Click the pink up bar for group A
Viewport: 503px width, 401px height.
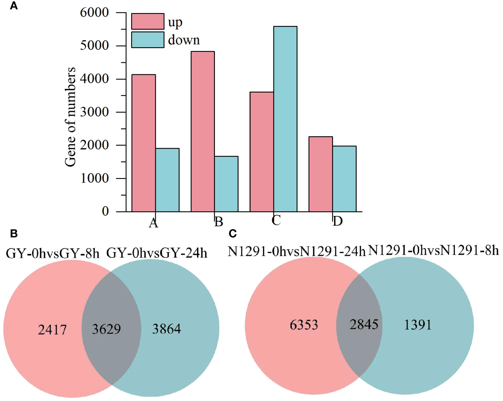tap(144, 143)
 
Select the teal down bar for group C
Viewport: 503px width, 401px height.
tap(285, 119)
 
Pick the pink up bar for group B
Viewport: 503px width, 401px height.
tap(203, 132)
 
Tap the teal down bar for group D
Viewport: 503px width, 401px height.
tap(344, 179)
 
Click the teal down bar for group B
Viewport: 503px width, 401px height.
tap(226, 184)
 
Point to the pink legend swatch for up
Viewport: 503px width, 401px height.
tap(148, 22)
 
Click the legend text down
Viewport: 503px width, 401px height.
tap(184, 40)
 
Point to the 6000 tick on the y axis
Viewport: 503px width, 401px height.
tap(94, 13)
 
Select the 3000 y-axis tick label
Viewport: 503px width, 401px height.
tap(94, 112)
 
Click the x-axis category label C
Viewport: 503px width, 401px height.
tap(276, 220)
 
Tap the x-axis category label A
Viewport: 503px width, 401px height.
tap(153, 223)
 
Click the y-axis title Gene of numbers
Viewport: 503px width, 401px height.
tap(70, 117)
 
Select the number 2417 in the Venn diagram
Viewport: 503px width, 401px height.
tap(52, 330)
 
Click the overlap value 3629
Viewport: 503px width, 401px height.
tap(106, 329)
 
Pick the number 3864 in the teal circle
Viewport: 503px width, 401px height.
tap(167, 329)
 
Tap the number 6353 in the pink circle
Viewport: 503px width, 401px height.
tap(304, 325)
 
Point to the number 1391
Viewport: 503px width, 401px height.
tap(417, 325)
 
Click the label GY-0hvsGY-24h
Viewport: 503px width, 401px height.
tap(156, 254)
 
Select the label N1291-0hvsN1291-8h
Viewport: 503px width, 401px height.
tap(433, 251)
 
